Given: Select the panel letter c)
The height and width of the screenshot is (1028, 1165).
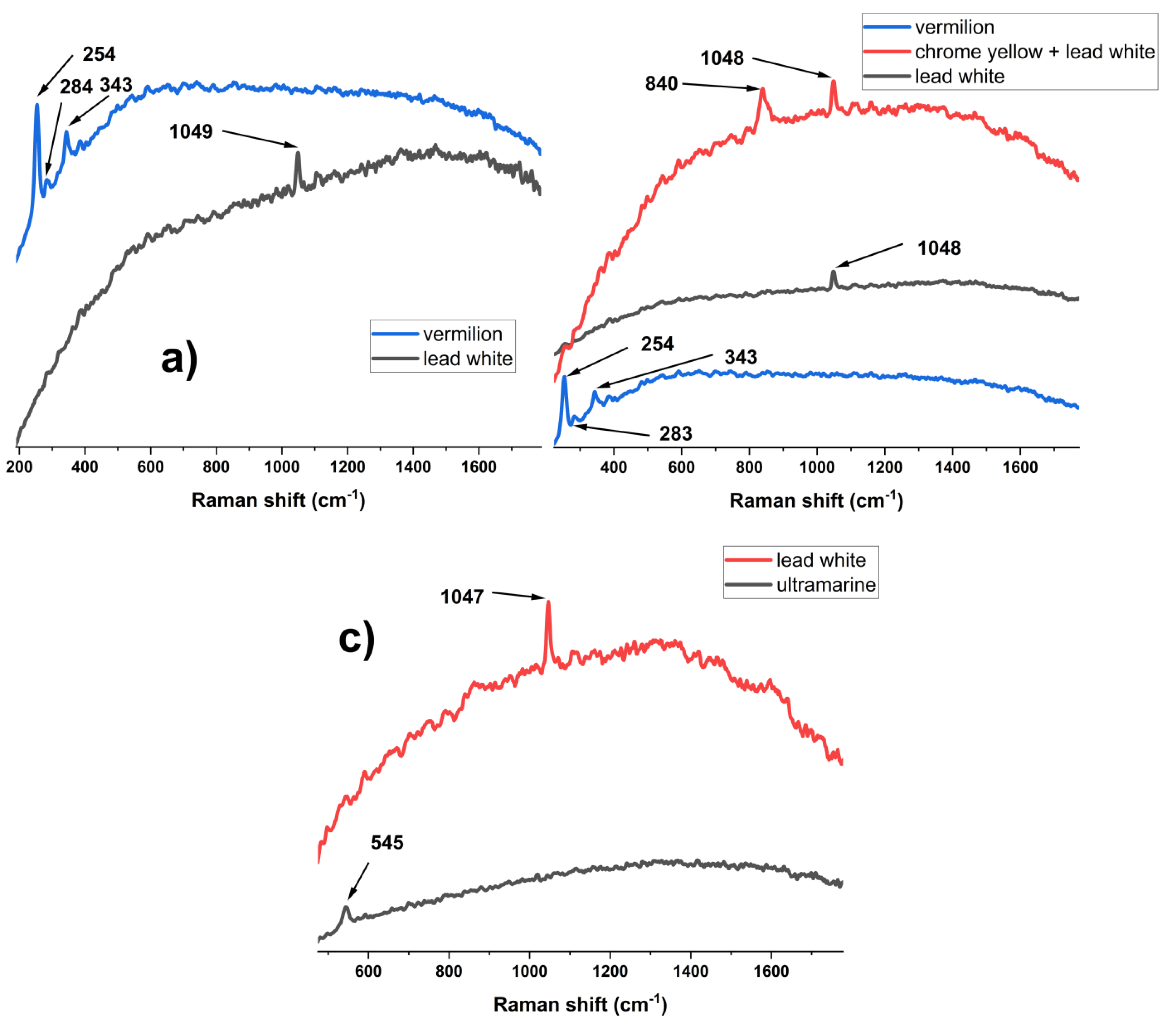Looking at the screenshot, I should (x=357, y=639).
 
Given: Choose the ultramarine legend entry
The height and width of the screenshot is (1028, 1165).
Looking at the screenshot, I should (x=825, y=585).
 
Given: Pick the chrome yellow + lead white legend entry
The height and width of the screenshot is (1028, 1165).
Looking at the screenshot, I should (x=1034, y=52).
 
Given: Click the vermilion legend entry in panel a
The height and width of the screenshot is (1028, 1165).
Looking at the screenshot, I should (x=462, y=334).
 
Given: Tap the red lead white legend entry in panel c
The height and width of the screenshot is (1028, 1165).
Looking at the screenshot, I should (x=820, y=561).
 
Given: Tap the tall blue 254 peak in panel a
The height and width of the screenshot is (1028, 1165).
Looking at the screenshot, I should (x=37, y=105).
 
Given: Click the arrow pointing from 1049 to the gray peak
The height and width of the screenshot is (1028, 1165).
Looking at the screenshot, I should (x=259, y=139).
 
